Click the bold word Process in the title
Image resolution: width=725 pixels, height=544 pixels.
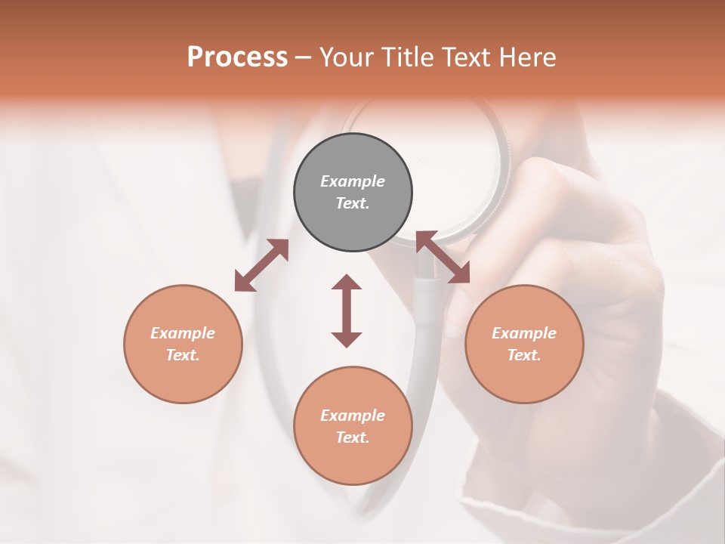pos(237,57)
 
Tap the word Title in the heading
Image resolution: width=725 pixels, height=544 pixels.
pos(406,57)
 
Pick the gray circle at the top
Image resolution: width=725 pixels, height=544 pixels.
pos(353,192)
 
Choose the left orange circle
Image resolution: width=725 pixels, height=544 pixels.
pos(183,344)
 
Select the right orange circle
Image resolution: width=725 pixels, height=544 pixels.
pos(524,344)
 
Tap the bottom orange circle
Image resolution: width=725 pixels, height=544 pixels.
pos(353,425)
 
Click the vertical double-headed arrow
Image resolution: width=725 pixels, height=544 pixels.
pos(347,311)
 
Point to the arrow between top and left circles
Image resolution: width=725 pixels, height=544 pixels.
pos(261,264)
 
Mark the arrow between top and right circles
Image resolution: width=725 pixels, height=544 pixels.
pos(443,257)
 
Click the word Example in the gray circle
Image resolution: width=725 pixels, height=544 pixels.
pos(353,181)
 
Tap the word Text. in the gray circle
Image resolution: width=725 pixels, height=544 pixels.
pos(353,203)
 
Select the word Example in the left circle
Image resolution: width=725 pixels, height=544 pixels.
pos(183,333)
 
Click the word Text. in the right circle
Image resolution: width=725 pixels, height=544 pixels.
pos(524,355)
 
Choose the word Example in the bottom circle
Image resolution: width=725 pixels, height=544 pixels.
pos(353,416)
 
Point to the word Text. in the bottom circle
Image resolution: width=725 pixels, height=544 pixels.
pos(353,437)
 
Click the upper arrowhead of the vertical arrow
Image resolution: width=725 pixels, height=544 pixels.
pos(347,283)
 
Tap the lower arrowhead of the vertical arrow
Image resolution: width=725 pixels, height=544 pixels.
pos(347,339)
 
